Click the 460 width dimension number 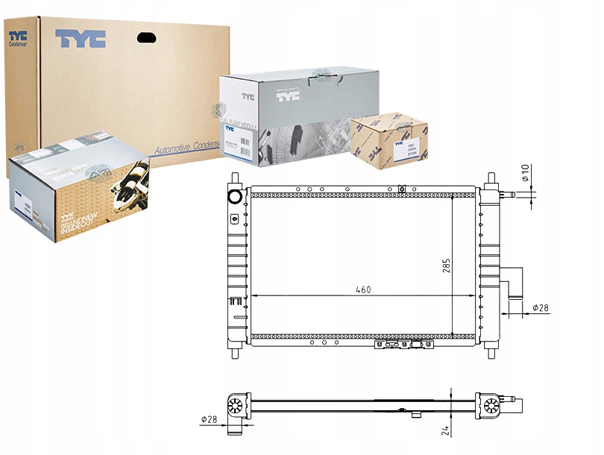click(x=363, y=289)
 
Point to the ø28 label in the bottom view click(x=210, y=419)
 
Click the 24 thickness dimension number click(x=444, y=430)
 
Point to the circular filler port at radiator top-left click(x=234, y=197)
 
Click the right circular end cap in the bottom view click(x=491, y=407)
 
